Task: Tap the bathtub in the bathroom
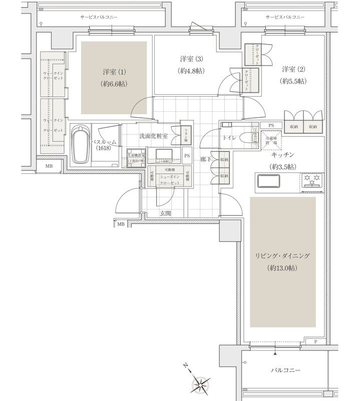click(81, 145)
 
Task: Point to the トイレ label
click(229, 136)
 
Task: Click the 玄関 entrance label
click(166, 214)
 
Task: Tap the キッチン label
click(283, 156)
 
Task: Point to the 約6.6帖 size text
click(113, 84)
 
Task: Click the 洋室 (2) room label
click(293, 69)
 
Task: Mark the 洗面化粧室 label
click(153, 136)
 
